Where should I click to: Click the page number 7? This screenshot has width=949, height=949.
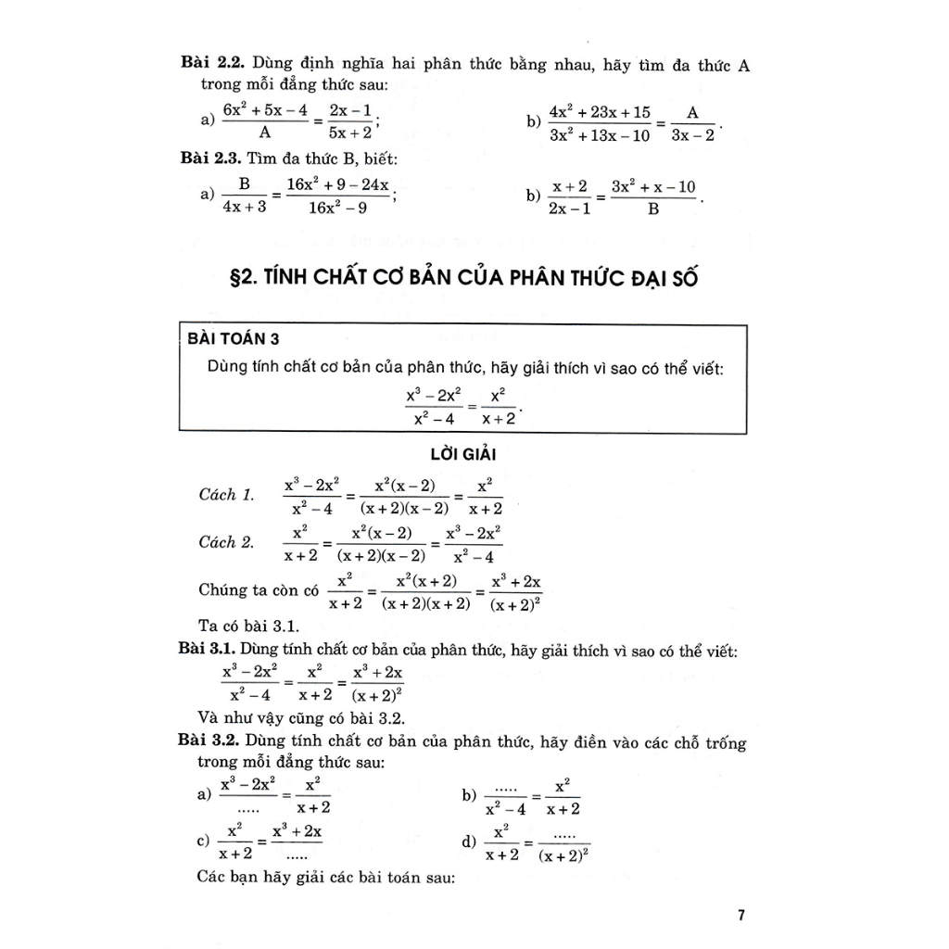(x=740, y=916)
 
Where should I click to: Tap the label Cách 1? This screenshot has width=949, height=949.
(x=226, y=494)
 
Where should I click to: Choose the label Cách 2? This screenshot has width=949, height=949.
(x=226, y=542)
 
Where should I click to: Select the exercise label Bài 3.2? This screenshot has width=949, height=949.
(x=209, y=742)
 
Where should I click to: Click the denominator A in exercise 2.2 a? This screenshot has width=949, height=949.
(x=264, y=133)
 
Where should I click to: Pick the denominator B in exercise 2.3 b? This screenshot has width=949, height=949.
(x=653, y=209)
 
